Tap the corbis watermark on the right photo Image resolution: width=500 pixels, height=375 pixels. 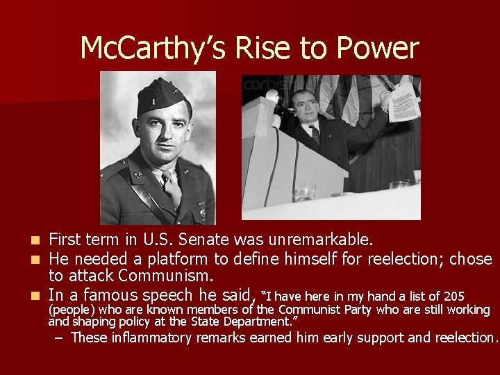coord(259,85)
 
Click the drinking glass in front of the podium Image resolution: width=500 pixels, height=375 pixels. coord(303,190)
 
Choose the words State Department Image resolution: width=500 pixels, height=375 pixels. coord(245,322)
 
